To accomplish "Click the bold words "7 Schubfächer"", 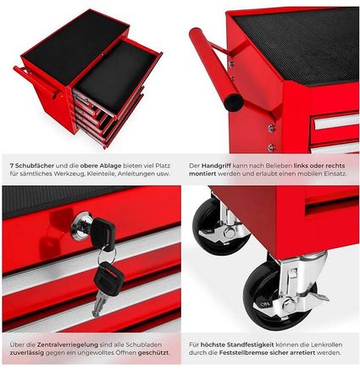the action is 31,166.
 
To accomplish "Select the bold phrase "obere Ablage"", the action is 101,166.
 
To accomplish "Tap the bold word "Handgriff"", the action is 215,166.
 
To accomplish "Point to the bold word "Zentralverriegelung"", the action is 67,345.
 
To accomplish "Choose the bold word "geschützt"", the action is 153,353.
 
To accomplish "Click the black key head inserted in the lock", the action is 102,231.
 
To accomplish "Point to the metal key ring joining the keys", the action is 107,256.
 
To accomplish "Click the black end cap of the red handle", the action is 234,102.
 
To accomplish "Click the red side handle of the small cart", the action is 36,82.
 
